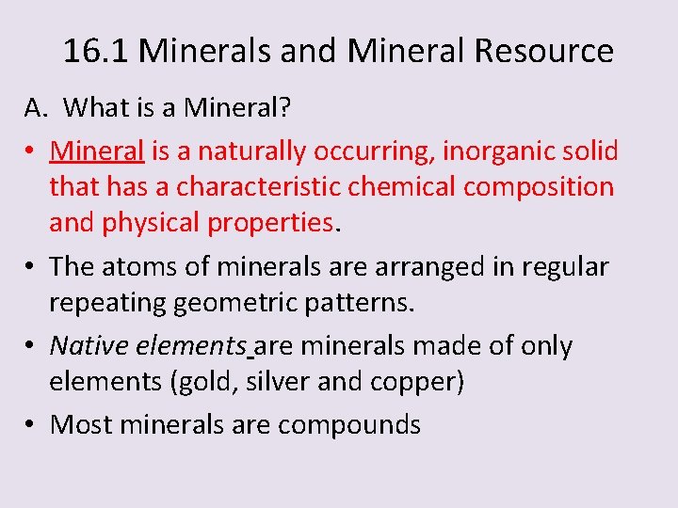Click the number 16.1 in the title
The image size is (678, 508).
[96, 51]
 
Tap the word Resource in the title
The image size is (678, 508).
[543, 51]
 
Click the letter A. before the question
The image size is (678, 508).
[36, 108]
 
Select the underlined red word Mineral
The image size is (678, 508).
[97, 151]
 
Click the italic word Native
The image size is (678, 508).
[89, 346]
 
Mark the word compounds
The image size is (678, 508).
[349, 425]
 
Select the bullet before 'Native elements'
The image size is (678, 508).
[31, 347]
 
